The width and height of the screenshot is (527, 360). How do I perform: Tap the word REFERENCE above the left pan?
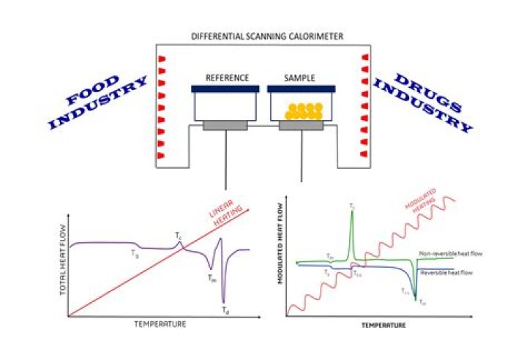click(x=228, y=78)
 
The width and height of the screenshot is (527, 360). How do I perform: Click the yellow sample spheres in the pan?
click(x=303, y=110)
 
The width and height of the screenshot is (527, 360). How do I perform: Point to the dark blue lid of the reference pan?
click(x=226, y=89)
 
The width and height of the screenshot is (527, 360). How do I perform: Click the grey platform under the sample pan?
click(x=302, y=126)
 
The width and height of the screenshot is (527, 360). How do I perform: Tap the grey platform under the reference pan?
click(x=225, y=126)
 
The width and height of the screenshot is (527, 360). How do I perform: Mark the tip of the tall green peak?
click(x=352, y=213)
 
